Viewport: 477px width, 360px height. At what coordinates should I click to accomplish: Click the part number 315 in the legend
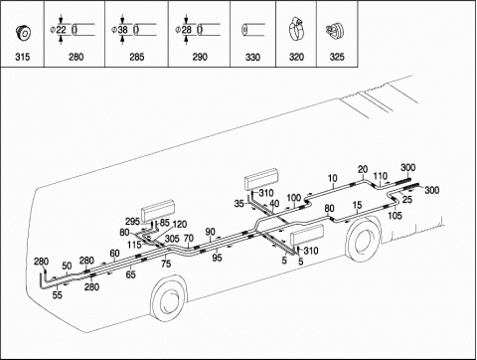click(x=22, y=57)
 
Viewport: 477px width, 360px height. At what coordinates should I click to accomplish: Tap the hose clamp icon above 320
click(x=296, y=30)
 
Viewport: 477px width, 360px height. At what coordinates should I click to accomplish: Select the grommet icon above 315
click(x=23, y=33)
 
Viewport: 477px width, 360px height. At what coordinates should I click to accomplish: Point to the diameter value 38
click(x=122, y=30)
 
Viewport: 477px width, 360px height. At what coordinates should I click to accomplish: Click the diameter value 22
click(x=61, y=30)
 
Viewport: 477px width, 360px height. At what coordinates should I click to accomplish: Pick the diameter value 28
click(x=187, y=30)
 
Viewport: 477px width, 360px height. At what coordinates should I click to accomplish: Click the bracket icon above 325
click(x=335, y=30)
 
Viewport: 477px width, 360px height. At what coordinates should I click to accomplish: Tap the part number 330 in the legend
click(x=252, y=57)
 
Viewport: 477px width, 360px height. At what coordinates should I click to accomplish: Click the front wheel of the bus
click(x=168, y=298)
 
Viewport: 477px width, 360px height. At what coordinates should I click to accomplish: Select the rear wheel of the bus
click(x=363, y=240)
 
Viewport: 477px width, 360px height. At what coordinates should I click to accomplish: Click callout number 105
click(x=395, y=215)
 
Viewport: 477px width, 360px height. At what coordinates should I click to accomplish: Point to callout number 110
click(x=381, y=176)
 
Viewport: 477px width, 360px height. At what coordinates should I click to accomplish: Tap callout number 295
click(x=132, y=222)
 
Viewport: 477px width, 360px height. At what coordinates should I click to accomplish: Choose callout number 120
click(x=180, y=225)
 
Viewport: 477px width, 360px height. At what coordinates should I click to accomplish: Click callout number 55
click(x=58, y=294)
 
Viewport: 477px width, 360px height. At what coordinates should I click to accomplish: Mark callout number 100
click(x=293, y=198)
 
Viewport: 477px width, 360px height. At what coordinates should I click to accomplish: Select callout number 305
click(x=172, y=239)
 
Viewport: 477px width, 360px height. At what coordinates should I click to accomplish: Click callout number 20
click(x=363, y=169)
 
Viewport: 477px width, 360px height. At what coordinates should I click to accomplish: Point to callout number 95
click(x=217, y=258)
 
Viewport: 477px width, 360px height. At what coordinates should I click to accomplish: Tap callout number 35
click(x=238, y=204)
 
